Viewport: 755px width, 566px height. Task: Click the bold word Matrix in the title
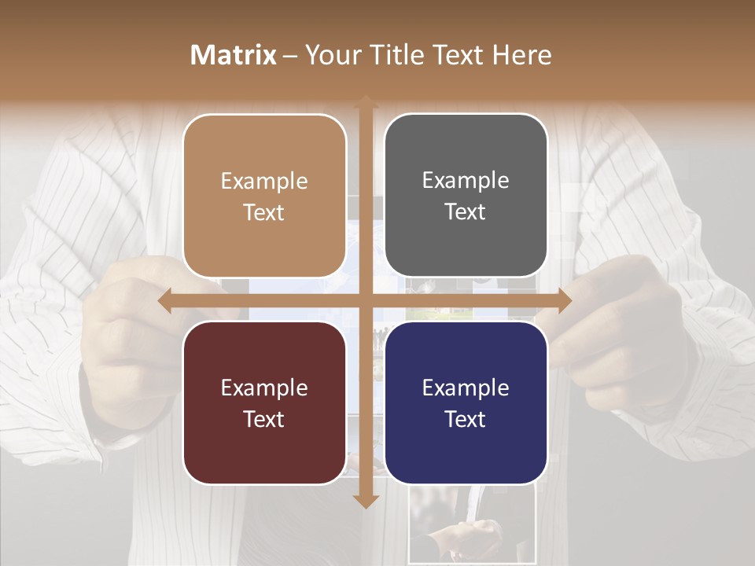click(234, 55)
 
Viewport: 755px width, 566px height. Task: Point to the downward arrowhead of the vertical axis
click(365, 501)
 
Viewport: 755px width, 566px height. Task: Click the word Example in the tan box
click(264, 182)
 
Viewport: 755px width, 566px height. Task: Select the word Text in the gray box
click(466, 212)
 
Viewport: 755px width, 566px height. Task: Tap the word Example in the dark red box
click(264, 388)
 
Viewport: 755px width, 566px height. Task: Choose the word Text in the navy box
click(466, 419)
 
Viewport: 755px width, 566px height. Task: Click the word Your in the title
click(331, 55)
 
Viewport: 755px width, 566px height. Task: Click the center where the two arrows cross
click(365, 300)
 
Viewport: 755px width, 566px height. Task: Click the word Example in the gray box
click(466, 181)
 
